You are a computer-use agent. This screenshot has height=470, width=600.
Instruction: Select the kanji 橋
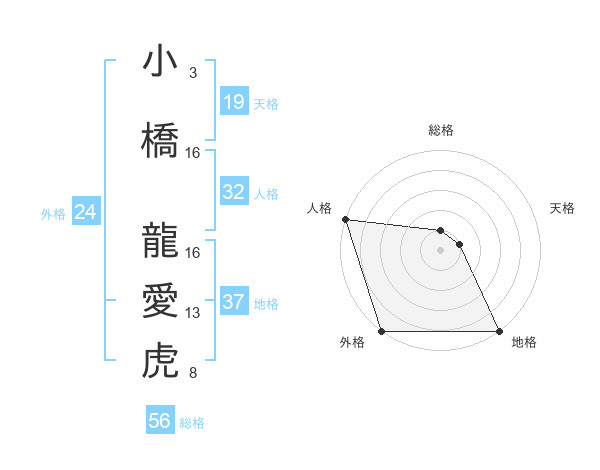click(160, 141)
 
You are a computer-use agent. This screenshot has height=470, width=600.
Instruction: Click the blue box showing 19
click(233, 102)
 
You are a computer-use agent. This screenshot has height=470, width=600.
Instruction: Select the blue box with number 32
click(233, 192)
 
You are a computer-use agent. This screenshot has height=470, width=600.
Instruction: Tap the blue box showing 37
click(233, 303)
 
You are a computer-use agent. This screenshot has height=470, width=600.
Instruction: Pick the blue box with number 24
click(85, 212)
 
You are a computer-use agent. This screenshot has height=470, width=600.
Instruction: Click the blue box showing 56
click(159, 421)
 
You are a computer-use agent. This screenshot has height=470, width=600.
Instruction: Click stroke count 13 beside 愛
click(193, 313)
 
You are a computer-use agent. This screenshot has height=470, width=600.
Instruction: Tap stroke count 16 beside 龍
click(193, 253)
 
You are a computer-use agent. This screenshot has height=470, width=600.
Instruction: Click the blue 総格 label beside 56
click(192, 423)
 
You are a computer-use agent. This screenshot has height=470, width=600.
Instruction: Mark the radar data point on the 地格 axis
click(498, 330)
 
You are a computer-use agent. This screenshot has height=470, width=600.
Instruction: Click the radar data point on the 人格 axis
click(345, 219)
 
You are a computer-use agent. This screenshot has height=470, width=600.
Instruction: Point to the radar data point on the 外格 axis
click(382, 330)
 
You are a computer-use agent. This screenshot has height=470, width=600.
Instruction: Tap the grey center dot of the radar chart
click(440, 250)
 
